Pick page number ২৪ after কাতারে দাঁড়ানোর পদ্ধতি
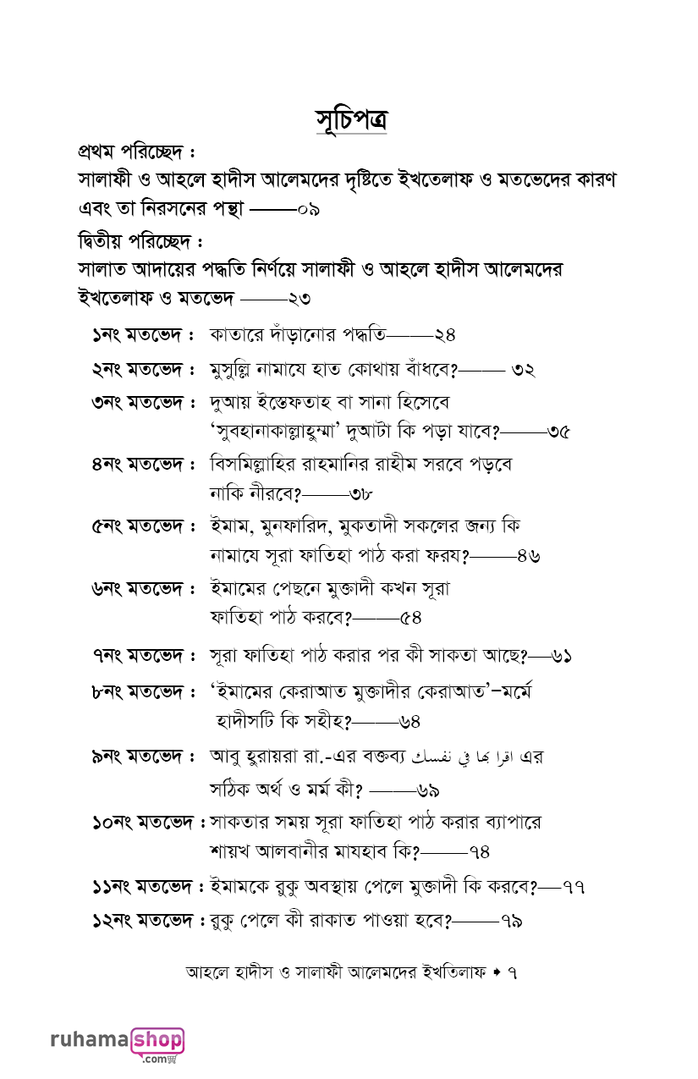click(x=445, y=334)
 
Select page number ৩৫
click(x=558, y=432)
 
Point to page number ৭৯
click(x=511, y=920)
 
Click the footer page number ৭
click(x=511, y=973)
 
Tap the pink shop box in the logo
click(x=157, y=1040)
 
